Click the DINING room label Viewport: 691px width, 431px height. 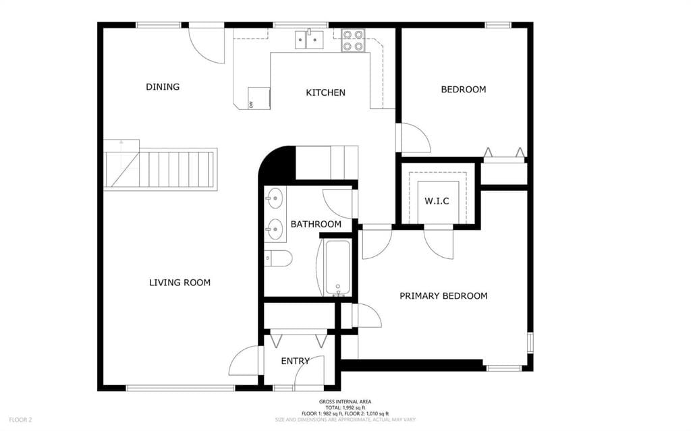click(x=163, y=86)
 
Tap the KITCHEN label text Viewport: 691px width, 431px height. click(x=325, y=92)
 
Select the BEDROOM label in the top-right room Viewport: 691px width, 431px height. click(x=463, y=89)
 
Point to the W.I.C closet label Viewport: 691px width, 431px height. click(x=437, y=201)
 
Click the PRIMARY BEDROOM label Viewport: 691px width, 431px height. click(x=443, y=295)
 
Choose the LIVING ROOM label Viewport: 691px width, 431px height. click(x=179, y=283)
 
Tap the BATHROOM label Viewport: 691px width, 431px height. click(x=316, y=224)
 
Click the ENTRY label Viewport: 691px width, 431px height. click(x=295, y=361)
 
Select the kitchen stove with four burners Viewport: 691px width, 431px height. click(x=352, y=40)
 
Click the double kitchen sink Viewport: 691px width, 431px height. click(x=310, y=40)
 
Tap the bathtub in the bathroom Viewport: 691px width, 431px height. click(x=337, y=268)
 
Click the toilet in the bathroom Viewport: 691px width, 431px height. click(x=277, y=258)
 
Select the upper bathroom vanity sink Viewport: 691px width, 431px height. click(x=274, y=198)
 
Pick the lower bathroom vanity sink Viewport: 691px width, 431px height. click(x=274, y=229)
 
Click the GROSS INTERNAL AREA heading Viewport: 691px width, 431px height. click(x=345, y=402)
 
